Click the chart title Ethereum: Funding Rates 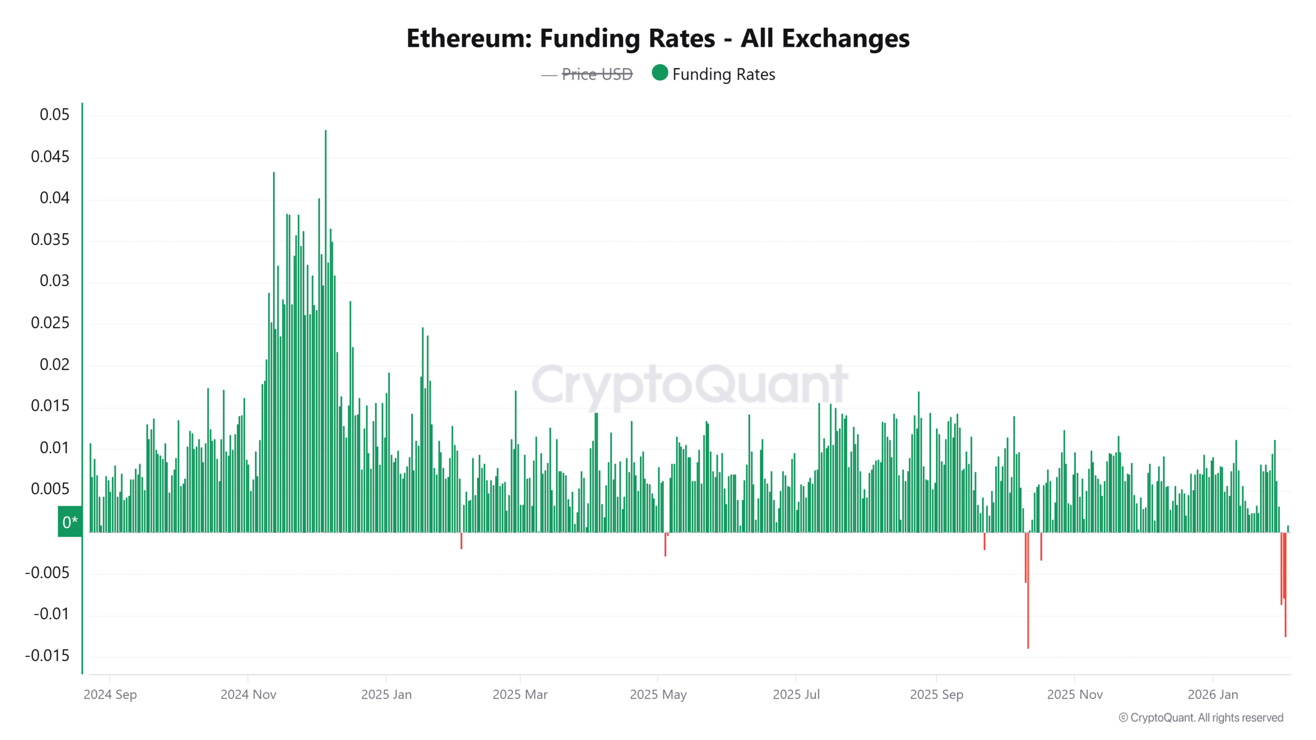coord(657,39)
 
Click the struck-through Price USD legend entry coord(596,75)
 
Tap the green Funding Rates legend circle coord(660,73)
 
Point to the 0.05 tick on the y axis coord(54,115)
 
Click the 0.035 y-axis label coord(50,239)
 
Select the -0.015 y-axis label coord(47,656)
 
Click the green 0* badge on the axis coord(70,522)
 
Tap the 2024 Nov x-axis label coord(248,695)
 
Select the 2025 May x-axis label coord(658,695)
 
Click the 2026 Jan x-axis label coord(1213,695)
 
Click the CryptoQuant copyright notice coord(1201,718)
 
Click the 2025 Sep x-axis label coord(936,695)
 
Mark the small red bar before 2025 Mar coord(461,541)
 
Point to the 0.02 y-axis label coord(54,365)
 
